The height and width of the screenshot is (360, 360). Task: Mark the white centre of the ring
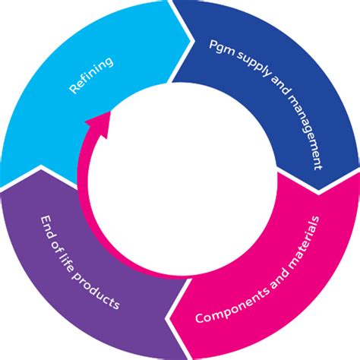(180, 180)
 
